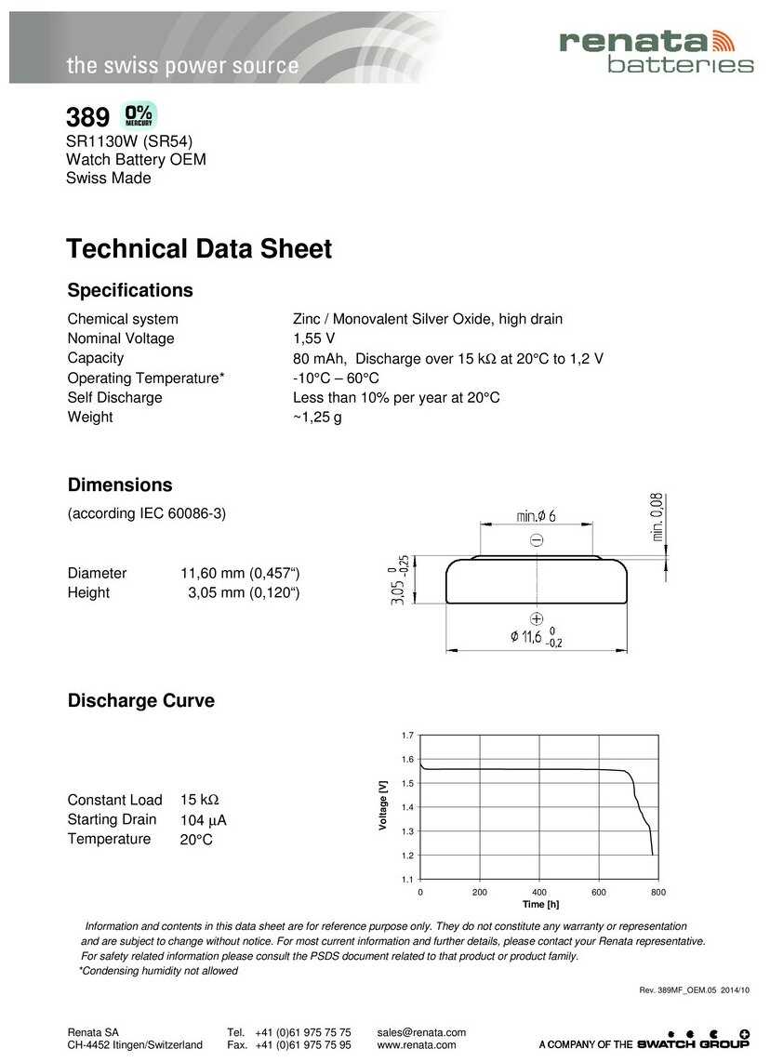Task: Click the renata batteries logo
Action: coord(655,50)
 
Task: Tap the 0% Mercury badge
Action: coord(139,115)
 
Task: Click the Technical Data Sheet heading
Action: coord(199,249)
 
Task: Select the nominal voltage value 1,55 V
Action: coord(313,339)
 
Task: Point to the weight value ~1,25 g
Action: coord(317,418)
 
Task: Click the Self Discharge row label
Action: coord(114,398)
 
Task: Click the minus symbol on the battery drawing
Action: coord(537,540)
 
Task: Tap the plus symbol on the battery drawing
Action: coord(537,618)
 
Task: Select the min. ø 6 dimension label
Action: coord(536,516)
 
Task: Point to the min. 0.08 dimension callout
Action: coord(657,517)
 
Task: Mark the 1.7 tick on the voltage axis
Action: coord(407,736)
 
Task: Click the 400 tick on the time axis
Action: coord(539,892)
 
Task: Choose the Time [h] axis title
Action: coord(540,904)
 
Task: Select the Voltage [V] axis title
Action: coord(383,805)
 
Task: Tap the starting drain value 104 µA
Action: coord(204,820)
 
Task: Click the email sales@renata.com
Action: coord(421,1032)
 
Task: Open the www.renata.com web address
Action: coord(417,1045)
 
